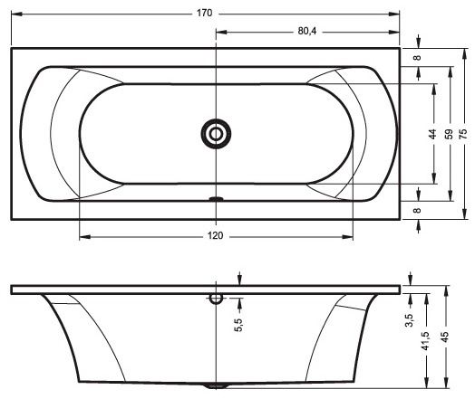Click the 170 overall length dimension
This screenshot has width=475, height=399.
click(x=205, y=14)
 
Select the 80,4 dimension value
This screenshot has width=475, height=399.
click(x=307, y=31)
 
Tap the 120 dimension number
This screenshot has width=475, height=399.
click(x=216, y=235)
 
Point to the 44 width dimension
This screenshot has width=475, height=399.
click(x=433, y=134)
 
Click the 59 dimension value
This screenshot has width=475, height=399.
click(x=450, y=134)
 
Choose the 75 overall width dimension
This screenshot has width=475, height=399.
click(x=463, y=134)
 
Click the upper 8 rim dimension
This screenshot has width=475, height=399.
click(x=418, y=57)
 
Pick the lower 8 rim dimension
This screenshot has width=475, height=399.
click(x=418, y=210)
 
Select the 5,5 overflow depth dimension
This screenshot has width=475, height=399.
click(x=239, y=325)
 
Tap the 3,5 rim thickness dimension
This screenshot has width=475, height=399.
click(x=410, y=320)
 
